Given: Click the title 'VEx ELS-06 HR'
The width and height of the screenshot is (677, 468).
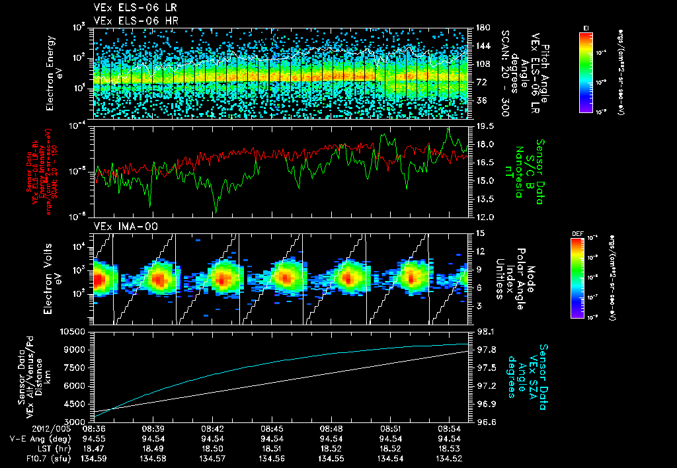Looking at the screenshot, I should tap(128, 20).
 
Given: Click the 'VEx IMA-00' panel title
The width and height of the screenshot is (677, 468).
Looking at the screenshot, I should tap(120, 226).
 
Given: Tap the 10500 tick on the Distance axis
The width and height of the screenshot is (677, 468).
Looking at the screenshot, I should tap(73, 331).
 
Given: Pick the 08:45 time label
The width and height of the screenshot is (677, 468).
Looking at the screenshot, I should tap(272, 429).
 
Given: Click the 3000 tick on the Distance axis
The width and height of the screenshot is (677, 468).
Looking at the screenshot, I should tap(75, 421).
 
